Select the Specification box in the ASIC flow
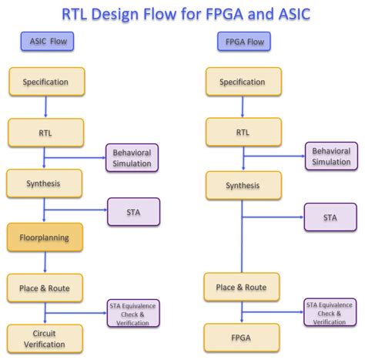45,82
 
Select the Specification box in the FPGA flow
243,82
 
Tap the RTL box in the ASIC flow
45,132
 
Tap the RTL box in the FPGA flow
243,132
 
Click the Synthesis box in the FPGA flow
243,185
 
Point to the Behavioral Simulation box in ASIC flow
132,157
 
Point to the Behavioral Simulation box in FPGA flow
330,156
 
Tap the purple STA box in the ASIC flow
132,211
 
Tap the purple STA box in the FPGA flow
330,217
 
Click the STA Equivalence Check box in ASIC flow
132,313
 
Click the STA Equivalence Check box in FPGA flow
330,313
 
